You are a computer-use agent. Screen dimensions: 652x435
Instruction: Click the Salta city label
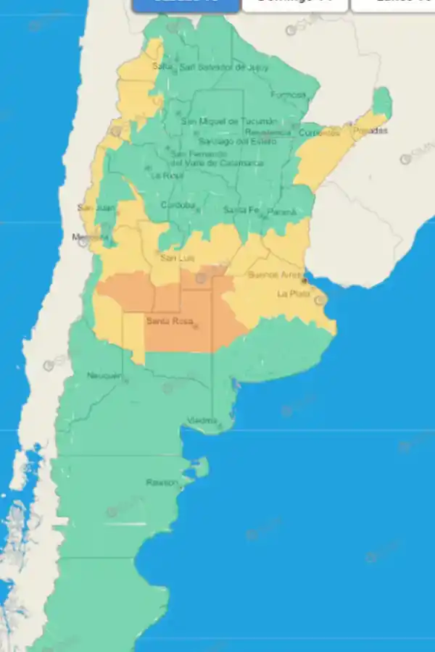point(162,67)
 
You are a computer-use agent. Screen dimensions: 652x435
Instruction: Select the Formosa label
point(288,95)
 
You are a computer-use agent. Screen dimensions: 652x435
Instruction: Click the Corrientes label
point(320,133)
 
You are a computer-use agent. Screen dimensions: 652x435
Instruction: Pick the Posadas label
point(370,130)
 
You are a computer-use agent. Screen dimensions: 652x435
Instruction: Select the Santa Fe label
point(239,210)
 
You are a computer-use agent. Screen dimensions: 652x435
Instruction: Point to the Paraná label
point(282,212)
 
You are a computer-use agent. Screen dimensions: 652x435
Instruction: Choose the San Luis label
point(175,257)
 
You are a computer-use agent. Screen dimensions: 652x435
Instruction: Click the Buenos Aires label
point(274,275)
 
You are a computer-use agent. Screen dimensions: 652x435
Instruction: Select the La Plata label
point(293,293)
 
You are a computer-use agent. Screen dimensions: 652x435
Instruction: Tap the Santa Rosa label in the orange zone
point(168,321)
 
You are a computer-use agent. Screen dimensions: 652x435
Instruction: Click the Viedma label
point(202,420)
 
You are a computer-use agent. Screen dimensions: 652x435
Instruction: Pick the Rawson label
point(160,482)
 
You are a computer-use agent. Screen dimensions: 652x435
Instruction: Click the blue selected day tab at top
point(186,4)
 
